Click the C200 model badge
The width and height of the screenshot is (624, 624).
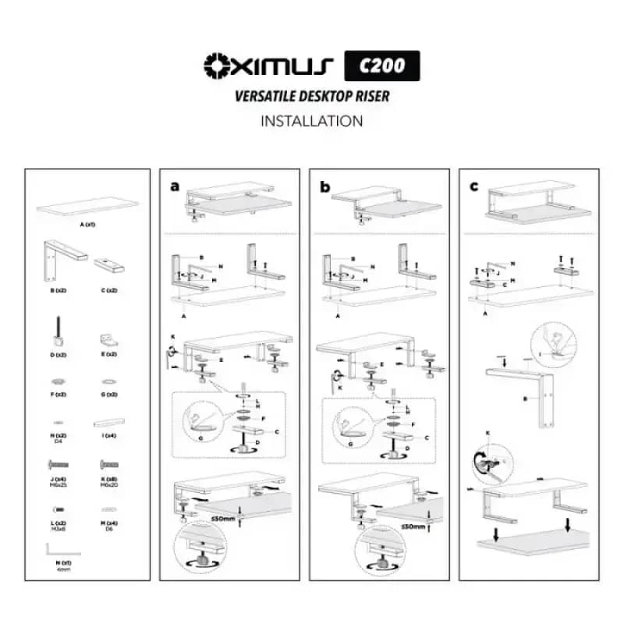click(x=382, y=66)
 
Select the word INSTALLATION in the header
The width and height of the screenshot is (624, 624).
click(x=312, y=121)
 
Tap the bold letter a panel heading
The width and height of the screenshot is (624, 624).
click(x=175, y=187)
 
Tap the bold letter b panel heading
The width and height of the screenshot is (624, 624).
click(x=325, y=187)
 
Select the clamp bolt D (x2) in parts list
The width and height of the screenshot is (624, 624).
click(x=58, y=332)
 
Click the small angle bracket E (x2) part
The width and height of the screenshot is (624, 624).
click(x=108, y=340)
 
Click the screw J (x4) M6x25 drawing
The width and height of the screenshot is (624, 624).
click(x=58, y=464)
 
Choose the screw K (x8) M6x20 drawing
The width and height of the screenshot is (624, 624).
click(x=108, y=464)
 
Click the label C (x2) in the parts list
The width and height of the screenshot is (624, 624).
click(x=108, y=290)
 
